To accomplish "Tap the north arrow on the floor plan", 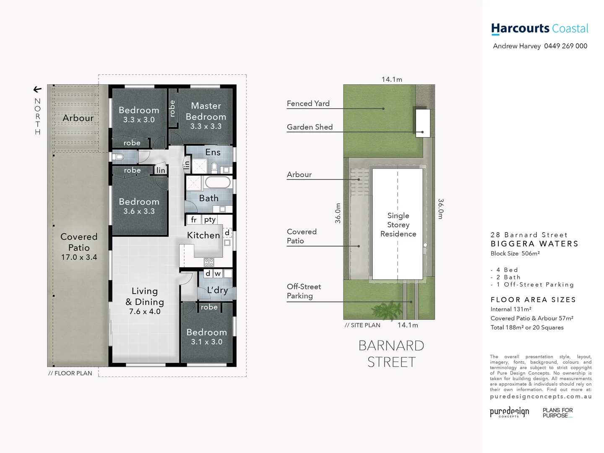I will tap(37, 89).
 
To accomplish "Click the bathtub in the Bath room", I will tap(217, 182).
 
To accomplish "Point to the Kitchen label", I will tap(203, 235).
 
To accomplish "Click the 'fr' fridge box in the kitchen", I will tap(193, 219).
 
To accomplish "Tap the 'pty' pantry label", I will tap(210, 219).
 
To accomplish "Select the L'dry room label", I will tap(217, 290).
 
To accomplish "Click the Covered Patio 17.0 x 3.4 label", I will tap(79, 247).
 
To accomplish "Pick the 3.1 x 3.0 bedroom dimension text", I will tap(206, 342).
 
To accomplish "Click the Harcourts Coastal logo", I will tap(539, 29).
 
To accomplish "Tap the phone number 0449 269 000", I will tap(565, 46).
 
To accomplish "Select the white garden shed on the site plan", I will tap(422, 122).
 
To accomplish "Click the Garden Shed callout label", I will tap(310, 127).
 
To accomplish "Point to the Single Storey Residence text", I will tap(398, 225).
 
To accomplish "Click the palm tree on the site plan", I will tap(387, 310).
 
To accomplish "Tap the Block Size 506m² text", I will tap(515, 253).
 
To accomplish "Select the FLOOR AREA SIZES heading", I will tap(533, 299).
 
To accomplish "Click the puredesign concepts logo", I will tap(509, 412).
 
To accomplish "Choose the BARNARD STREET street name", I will tap(391, 354).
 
